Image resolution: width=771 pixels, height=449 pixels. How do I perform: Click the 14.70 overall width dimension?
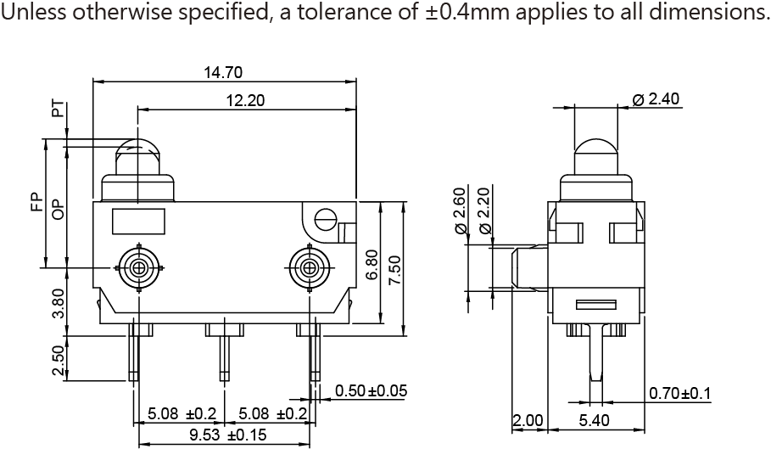click(x=223, y=72)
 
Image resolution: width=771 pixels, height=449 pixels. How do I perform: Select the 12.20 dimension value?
click(x=245, y=100)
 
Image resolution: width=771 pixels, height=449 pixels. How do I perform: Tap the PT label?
click(x=58, y=109)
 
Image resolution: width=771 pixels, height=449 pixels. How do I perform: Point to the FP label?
click(x=36, y=204)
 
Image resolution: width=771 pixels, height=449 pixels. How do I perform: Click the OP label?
click(x=58, y=209)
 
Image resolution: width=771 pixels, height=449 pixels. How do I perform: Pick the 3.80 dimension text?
click(x=58, y=303)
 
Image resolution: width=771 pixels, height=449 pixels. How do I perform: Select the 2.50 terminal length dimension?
click(x=58, y=360)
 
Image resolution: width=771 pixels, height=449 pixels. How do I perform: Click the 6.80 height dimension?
click(x=372, y=265)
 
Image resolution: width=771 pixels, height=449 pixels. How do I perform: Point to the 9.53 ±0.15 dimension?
click(x=227, y=435)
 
